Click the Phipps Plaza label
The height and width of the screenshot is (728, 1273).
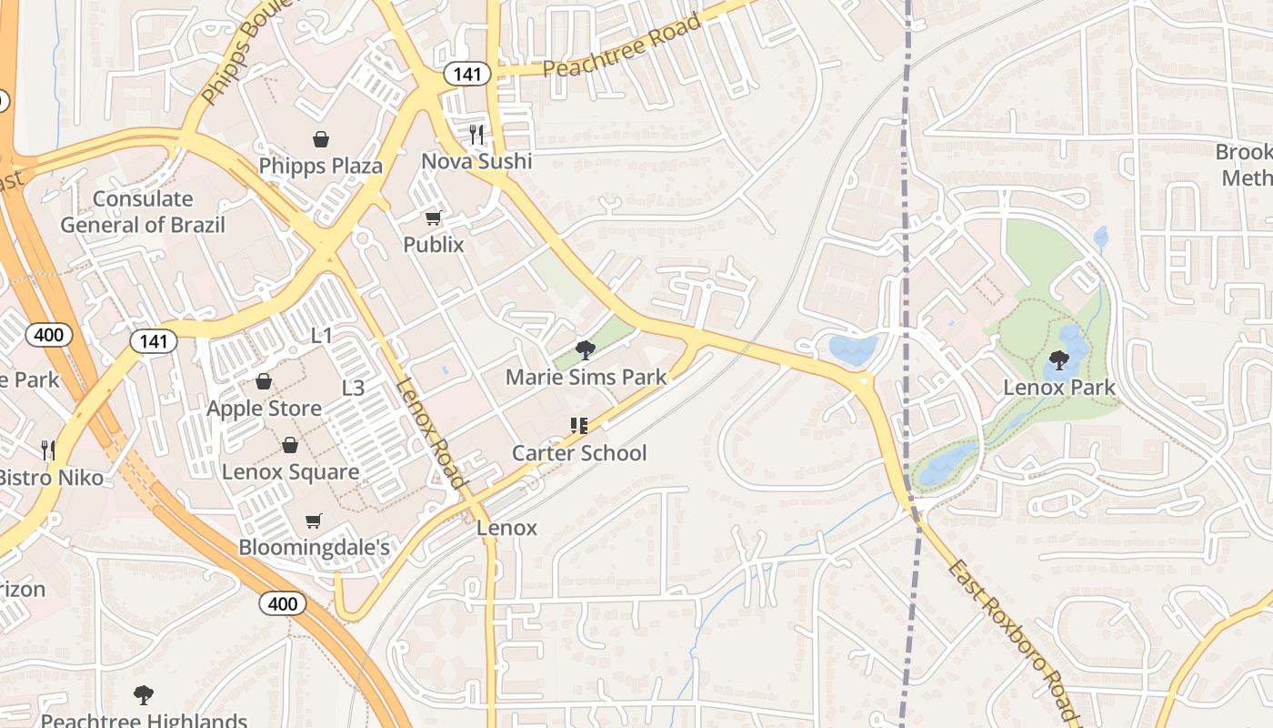click(320, 167)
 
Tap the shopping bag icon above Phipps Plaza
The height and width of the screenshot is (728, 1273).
click(320, 139)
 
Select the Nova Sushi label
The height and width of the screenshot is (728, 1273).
click(476, 161)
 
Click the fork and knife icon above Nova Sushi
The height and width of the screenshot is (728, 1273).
click(476, 135)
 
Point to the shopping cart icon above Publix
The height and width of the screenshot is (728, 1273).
click(434, 218)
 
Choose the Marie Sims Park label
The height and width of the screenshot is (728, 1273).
click(586, 377)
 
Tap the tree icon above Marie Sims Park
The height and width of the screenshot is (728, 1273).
click(586, 350)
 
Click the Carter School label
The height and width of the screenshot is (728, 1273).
click(579, 453)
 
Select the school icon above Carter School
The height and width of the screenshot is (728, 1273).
click(579, 426)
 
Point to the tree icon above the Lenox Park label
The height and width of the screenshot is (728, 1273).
click(1058, 360)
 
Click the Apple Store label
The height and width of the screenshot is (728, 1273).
click(264, 409)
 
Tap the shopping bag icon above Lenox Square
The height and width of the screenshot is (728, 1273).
click(290, 445)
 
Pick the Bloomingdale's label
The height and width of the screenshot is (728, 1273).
click(314, 547)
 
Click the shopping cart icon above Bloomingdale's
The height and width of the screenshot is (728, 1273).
click(314, 521)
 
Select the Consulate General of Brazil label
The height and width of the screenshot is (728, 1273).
click(143, 212)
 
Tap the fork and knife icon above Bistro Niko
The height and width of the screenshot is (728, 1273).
click(48, 450)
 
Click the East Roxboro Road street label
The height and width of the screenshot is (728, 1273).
click(1011, 640)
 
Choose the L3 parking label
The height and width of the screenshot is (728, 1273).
click(353, 389)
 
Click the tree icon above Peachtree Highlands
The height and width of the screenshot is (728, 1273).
click(143, 696)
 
